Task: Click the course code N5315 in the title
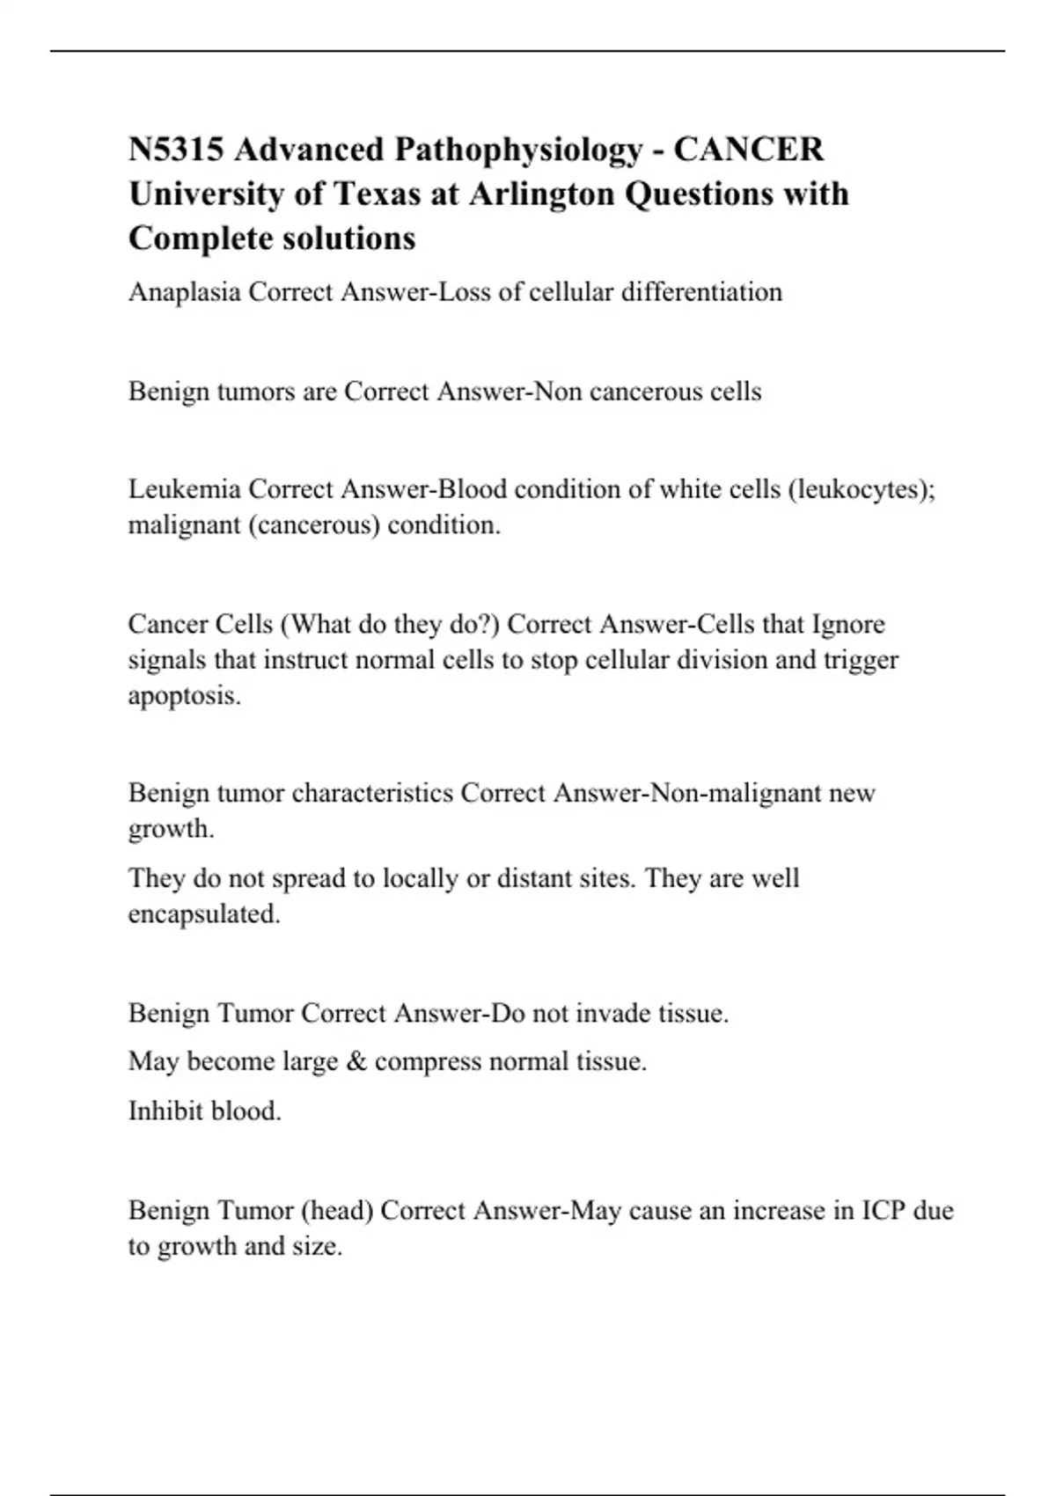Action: click(175, 150)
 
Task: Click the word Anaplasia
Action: click(184, 292)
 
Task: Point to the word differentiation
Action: click(701, 292)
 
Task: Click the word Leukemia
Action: click(184, 489)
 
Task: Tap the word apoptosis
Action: click(184, 696)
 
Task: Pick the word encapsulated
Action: click(204, 914)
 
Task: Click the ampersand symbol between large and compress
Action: click(357, 1061)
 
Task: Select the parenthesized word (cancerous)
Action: click(314, 525)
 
